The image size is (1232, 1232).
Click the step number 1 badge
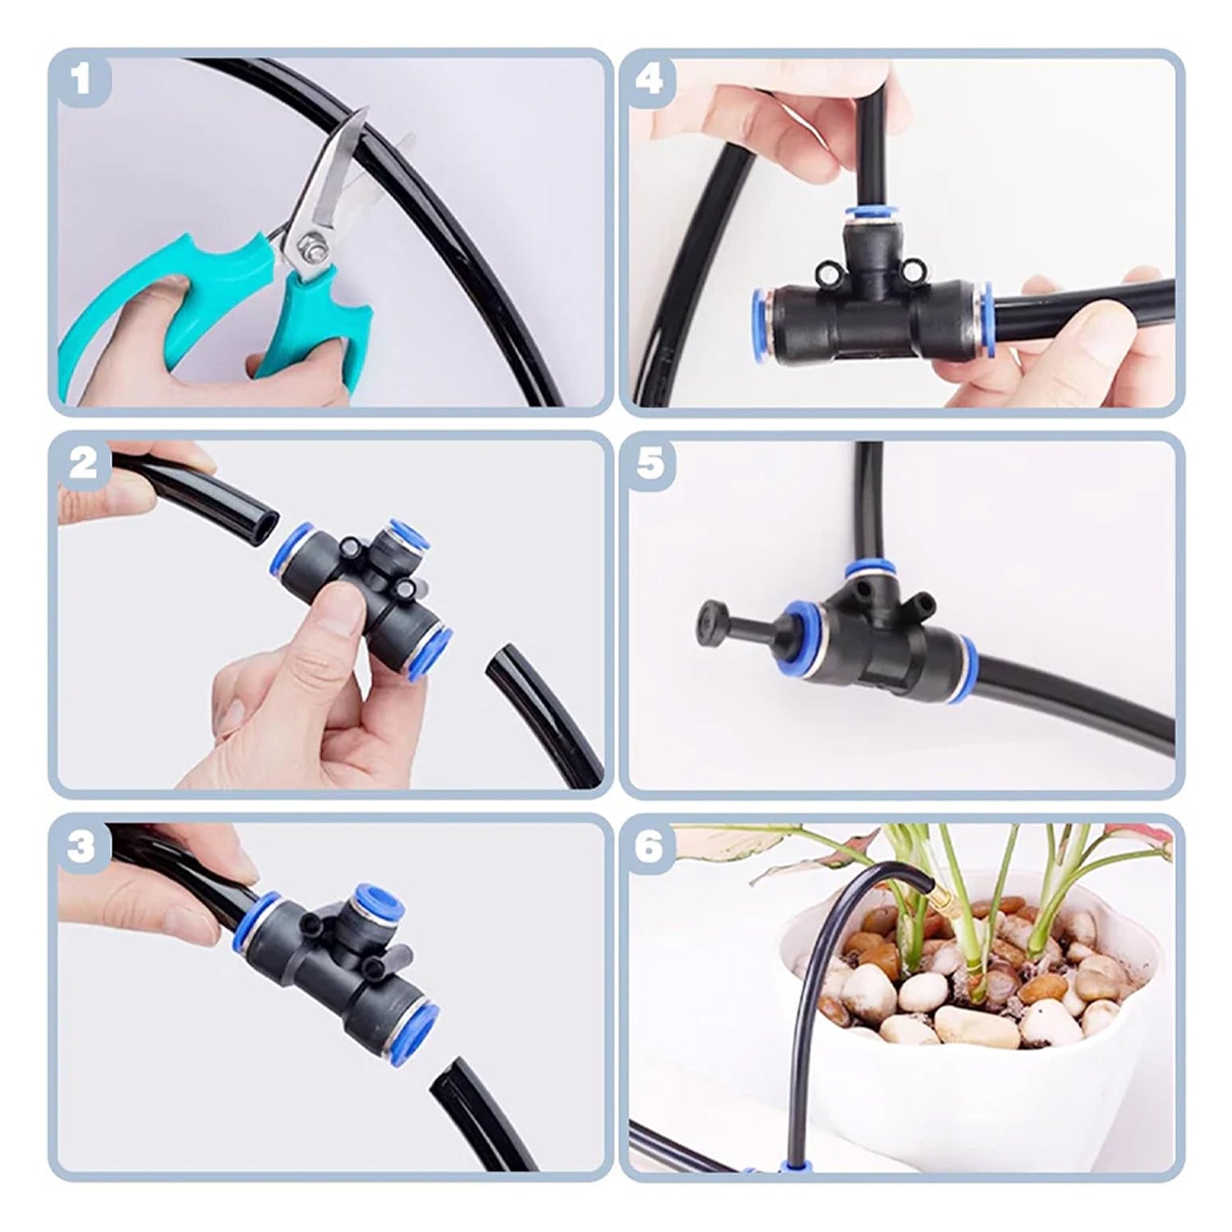80,80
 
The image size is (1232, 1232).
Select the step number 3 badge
80,847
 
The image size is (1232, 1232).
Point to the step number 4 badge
650,80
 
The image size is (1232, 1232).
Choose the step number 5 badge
650,464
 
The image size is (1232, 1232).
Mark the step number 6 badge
650,847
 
